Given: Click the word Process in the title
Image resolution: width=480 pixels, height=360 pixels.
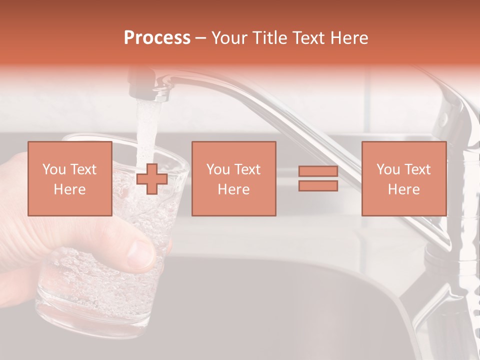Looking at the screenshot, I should pyautogui.click(x=157, y=38).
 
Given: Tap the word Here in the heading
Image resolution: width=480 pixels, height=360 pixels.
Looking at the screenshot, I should pyautogui.click(x=348, y=38).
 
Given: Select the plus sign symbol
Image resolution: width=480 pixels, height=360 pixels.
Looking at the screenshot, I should pyautogui.click(x=152, y=178).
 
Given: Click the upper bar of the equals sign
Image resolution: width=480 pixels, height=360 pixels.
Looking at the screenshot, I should pyautogui.click(x=318, y=171).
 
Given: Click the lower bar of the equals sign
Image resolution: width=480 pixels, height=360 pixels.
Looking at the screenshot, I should pyautogui.click(x=318, y=185).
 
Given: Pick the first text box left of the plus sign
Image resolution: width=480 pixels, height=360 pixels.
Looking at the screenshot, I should pyautogui.click(x=69, y=178).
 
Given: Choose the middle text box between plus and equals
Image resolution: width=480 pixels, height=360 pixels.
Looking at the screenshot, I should pyautogui.click(x=233, y=178).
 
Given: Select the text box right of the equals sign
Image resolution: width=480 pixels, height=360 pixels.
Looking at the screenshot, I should pyautogui.click(x=403, y=178).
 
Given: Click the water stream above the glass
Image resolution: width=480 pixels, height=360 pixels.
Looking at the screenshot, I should pyautogui.click(x=146, y=125).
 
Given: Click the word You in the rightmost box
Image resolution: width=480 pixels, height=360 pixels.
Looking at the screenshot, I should pyautogui.click(x=388, y=169).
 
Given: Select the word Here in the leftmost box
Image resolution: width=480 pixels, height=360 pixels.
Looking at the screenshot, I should pyautogui.click(x=69, y=189).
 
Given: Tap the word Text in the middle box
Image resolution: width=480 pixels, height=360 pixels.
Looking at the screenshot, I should pyautogui.click(x=247, y=169).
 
